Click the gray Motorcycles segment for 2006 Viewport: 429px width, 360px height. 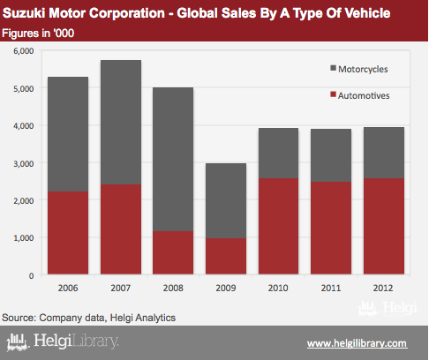[68, 134]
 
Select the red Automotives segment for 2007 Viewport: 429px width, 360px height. [121, 229]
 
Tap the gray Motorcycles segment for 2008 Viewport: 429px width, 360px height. [173, 160]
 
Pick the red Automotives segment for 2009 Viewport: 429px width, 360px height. [226, 256]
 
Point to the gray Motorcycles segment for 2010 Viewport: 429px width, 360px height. [278, 154]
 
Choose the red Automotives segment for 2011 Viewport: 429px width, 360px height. [331, 228]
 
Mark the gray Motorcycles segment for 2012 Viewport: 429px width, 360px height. [384, 153]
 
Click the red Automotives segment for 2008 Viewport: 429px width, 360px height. [173, 253]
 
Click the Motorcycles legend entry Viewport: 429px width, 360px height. [359, 69]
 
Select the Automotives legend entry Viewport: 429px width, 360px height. [360, 95]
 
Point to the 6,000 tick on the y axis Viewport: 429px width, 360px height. [24, 51]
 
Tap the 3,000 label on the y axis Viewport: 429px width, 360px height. [24, 163]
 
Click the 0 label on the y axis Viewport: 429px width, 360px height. [31, 275]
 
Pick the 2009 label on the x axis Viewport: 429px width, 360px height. [226, 288]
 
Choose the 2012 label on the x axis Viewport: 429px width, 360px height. [383, 288]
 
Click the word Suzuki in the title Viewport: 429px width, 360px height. [24, 13]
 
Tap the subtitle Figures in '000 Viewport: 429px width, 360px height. [38, 34]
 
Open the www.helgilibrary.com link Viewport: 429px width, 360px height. [357, 343]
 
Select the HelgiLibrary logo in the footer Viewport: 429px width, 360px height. [63, 341]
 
